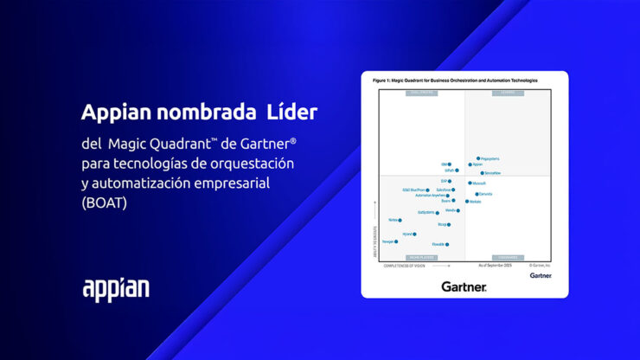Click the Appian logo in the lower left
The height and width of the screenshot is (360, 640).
(115, 289)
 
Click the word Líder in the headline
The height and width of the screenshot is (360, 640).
(290, 112)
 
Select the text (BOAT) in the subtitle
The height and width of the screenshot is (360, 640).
(106, 203)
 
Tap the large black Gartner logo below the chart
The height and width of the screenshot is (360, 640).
(464, 286)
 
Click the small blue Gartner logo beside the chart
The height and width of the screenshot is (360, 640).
(540, 275)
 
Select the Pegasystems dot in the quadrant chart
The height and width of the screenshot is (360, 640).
(478, 159)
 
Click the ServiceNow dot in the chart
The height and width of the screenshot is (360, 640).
(482, 173)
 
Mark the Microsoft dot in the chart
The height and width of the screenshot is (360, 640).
(470, 183)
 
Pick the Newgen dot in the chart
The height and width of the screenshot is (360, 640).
(396, 241)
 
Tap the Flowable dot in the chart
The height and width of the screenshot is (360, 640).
(447, 244)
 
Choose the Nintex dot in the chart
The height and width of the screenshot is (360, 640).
(400, 220)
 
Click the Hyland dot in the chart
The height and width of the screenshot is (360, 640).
(415, 234)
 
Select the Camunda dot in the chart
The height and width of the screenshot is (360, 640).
(476, 194)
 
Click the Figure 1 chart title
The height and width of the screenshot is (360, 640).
(455, 80)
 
